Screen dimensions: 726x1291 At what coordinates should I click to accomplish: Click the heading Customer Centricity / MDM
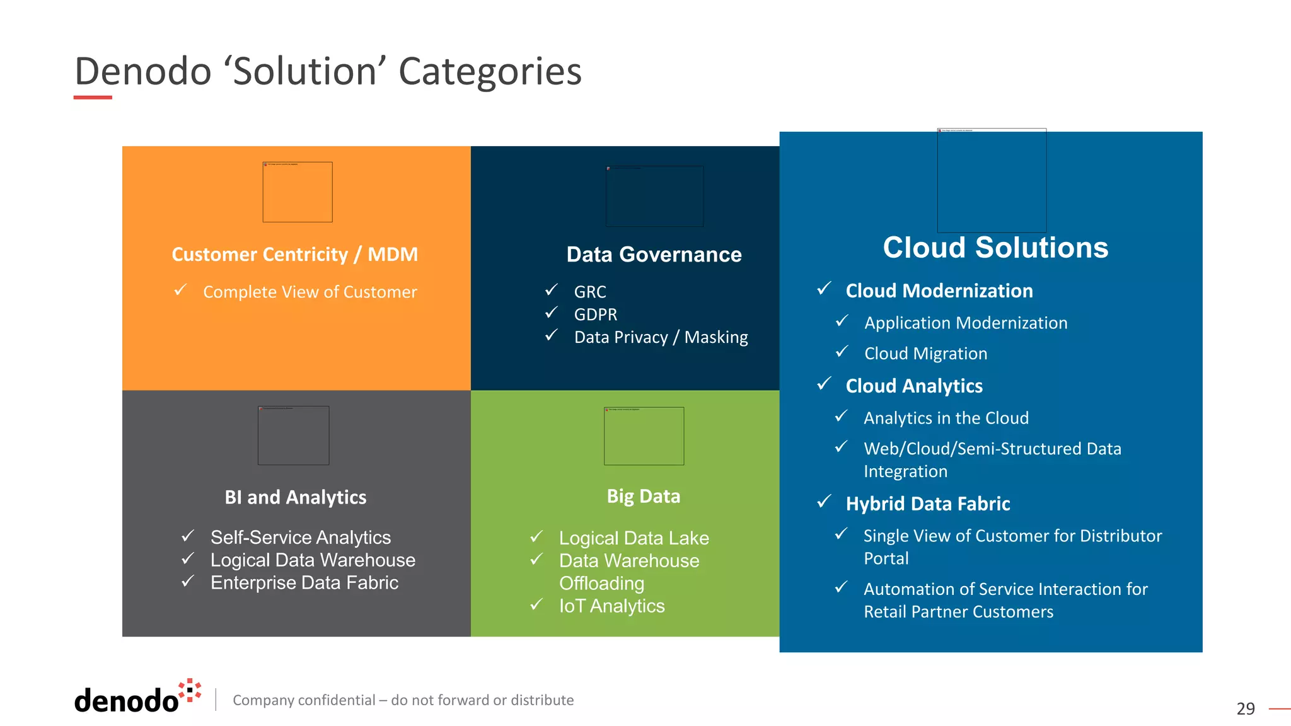click(x=294, y=255)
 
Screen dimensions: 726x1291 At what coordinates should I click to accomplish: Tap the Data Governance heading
click(x=654, y=255)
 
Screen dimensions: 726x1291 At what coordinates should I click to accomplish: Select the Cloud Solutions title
click(x=995, y=248)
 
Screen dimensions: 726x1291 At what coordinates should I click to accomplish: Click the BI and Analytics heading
click(x=295, y=497)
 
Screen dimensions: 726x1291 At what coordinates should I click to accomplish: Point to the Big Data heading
click(x=643, y=497)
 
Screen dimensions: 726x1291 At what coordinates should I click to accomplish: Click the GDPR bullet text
click(x=595, y=314)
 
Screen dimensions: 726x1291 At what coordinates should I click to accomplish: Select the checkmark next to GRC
click(x=552, y=290)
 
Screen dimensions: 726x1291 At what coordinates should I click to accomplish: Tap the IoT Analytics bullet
click(x=611, y=606)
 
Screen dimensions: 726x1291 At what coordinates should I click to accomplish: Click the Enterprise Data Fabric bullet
click(x=304, y=583)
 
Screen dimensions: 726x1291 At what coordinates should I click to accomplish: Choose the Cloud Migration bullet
click(x=925, y=354)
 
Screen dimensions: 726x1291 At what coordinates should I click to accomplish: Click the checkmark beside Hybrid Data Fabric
click(x=825, y=502)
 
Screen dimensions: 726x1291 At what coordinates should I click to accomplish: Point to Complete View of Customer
click(x=310, y=292)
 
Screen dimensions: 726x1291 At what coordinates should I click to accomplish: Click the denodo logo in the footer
click(x=137, y=698)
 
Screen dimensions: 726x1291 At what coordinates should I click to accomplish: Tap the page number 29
click(x=1245, y=709)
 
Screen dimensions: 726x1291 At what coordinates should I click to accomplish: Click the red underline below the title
click(x=93, y=98)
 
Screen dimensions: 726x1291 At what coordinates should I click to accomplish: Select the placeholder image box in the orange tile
click(x=297, y=192)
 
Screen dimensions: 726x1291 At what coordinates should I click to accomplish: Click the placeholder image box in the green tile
click(x=644, y=436)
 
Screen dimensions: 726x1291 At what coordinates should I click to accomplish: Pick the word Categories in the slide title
click(x=490, y=71)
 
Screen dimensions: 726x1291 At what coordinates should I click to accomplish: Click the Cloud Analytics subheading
click(x=913, y=386)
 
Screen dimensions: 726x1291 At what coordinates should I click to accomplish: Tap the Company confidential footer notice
click(x=403, y=700)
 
